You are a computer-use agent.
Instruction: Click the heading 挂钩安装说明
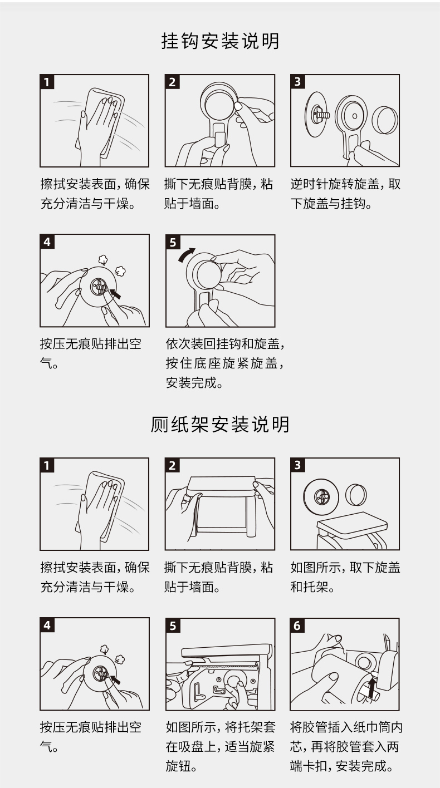pyautogui.click(x=221, y=41)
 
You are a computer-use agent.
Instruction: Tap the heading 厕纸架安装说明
pyautogui.click(x=221, y=424)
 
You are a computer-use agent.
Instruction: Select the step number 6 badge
pyautogui.click(x=297, y=626)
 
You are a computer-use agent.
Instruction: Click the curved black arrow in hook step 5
pyautogui.click(x=186, y=254)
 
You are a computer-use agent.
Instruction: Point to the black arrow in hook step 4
pyautogui.click(x=115, y=293)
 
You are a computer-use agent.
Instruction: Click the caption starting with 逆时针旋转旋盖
pyautogui.click(x=345, y=194)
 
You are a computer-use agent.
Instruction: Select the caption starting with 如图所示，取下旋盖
pyautogui.click(x=345, y=577)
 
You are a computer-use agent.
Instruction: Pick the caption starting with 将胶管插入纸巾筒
pyautogui.click(x=346, y=746)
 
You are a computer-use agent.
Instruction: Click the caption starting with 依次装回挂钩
pyautogui.click(x=225, y=363)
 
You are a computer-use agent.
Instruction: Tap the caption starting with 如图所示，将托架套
pyautogui.click(x=221, y=746)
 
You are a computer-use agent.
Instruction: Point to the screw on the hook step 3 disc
pyautogui.click(x=321, y=115)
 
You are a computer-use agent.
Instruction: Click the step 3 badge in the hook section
pyautogui.click(x=297, y=82)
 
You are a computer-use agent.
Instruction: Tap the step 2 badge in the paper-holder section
pyautogui.click(x=172, y=465)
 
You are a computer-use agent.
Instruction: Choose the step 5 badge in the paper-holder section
pyautogui.click(x=173, y=626)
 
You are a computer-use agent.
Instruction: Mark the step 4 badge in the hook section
pyautogui.click(x=47, y=242)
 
